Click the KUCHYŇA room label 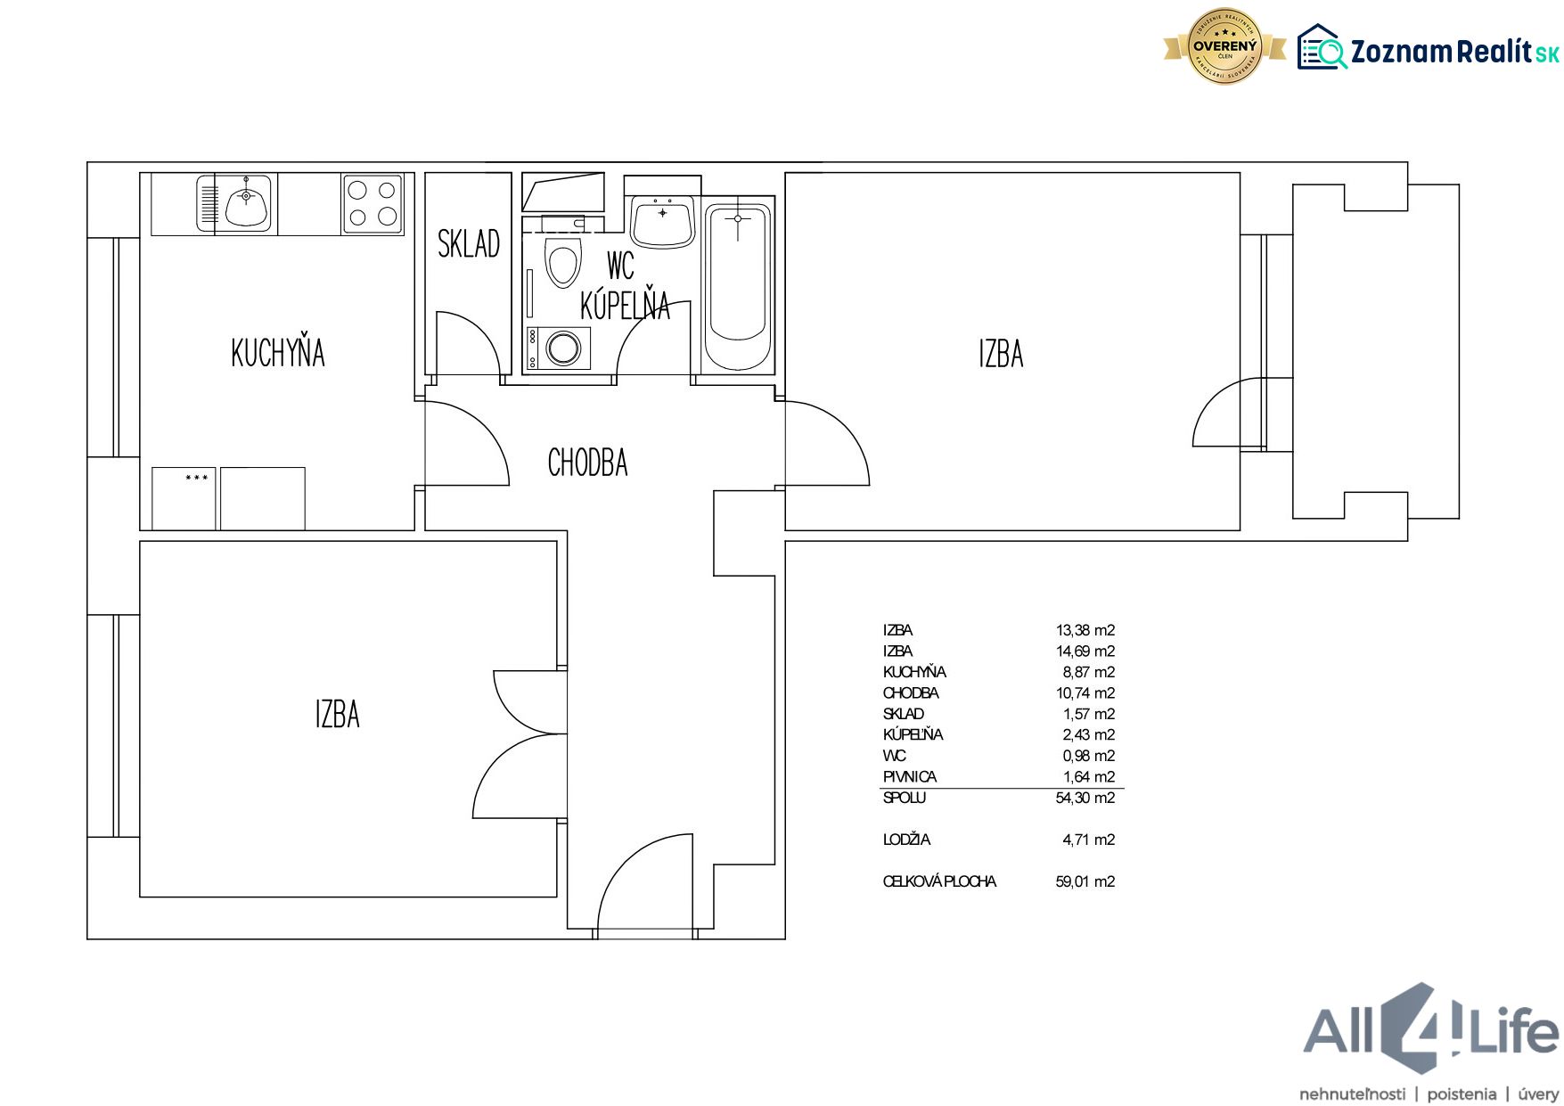click(278, 352)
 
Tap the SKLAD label click(469, 243)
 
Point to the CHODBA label click(587, 463)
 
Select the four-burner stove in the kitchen click(373, 204)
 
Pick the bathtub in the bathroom click(738, 285)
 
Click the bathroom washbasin click(662, 223)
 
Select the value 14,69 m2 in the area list click(1085, 651)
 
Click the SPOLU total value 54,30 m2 click(1085, 798)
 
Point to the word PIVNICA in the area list click(910, 777)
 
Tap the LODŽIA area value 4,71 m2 click(1088, 840)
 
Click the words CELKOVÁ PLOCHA click(939, 881)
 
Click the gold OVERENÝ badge click(1225, 46)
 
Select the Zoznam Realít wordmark click(1454, 52)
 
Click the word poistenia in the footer click(1462, 1094)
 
